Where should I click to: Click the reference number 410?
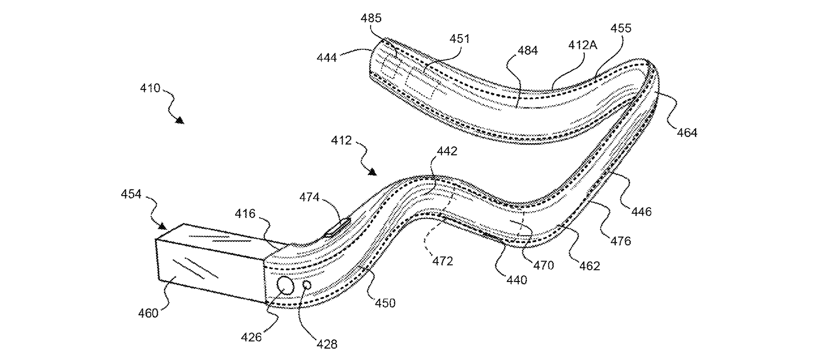[150, 88]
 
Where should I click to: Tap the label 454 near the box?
[131, 194]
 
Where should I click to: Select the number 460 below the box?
[148, 313]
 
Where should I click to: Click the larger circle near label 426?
[285, 285]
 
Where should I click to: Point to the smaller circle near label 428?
[307, 285]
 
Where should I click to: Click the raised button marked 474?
[338, 227]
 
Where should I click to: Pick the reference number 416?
[245, 214]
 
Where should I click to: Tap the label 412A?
[582, 45]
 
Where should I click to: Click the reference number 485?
[371, 18]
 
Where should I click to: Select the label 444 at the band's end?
[327, 57]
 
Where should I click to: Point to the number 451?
[459, 39]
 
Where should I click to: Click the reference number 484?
[527, 51]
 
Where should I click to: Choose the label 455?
[621, 28]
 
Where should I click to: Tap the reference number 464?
[687, 133]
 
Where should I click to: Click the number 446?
[641, 212]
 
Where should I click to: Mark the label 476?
[620, 241]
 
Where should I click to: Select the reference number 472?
[442, 261]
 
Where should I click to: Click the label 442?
[447, 151]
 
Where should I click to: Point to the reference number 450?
[385, 303]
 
